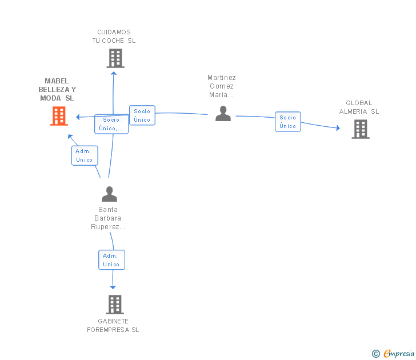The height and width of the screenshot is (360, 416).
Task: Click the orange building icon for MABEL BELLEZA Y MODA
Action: pos(59,116)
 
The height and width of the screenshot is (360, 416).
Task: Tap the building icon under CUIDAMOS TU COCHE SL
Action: pos(115,58)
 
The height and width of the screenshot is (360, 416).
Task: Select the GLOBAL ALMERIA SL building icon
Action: pos(361,129)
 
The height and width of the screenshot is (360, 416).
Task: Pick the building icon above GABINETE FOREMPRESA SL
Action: pos(115,305)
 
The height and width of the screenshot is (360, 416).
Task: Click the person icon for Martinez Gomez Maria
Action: pos(223,114)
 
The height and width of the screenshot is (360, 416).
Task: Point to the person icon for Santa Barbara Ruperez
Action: pos(109,194)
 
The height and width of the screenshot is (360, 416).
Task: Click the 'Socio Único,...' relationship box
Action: pos(111,124)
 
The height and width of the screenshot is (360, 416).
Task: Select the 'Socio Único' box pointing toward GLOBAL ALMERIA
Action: pos(288,122)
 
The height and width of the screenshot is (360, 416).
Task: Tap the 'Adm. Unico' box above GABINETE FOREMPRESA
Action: pos(111,260)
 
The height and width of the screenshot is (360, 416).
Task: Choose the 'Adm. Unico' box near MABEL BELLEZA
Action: pos(85,155)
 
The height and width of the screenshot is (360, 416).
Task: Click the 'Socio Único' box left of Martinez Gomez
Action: pos(142,115)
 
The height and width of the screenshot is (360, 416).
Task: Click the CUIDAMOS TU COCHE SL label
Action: pos(114,37)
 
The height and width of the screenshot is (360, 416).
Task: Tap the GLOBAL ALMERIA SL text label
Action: pos(359,107)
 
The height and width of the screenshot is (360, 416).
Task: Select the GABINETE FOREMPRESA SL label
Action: pos(113,326)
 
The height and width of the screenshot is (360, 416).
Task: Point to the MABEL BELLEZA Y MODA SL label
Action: pos(57,89)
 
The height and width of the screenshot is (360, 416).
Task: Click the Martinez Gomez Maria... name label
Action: pos(222,86)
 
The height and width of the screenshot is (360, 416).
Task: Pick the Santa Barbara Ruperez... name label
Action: pos(108,218)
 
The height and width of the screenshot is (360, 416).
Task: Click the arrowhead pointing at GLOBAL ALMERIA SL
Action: pos(338,128)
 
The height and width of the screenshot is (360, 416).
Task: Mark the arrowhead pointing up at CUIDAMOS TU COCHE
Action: pos(114,74)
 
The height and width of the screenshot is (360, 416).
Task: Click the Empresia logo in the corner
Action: pos(393,353)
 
